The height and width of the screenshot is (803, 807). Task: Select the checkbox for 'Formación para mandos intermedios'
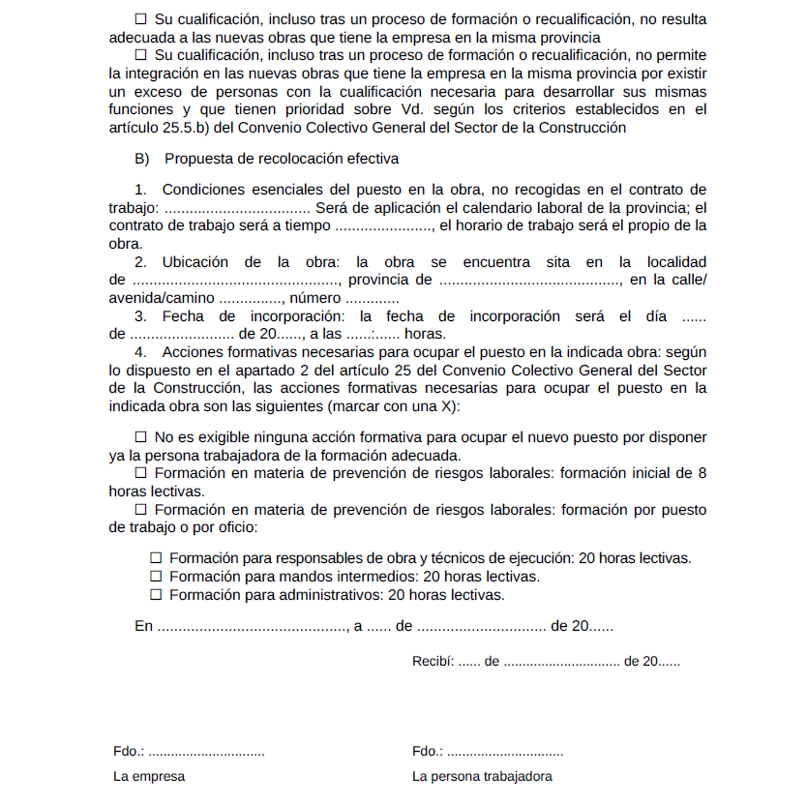pyautogui.click(x=156, y=577)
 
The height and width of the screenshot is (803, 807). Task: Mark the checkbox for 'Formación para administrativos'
pyautogui.click(x=156, y=595)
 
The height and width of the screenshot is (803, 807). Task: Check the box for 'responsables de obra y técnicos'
pyautogui.click(x=156, y=558)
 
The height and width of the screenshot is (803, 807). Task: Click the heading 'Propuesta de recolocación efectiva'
pyautogui.click(x=282, y=159)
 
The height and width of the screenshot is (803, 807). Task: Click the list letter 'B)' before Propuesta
pyautogui.click(x=142, y=159)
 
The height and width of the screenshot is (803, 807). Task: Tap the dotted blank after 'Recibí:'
pyautogui.click(x=469, y=663)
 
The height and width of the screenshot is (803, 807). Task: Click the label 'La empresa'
pyautogui.click(x=149, y=776)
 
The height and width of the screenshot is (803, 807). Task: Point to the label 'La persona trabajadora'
pyautogui.click(x=482, y=776)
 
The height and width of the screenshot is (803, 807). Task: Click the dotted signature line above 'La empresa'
pyautogui.click(x=206, y=752)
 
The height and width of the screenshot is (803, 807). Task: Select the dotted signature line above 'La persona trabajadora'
pyautogui.click(x=505, y=752)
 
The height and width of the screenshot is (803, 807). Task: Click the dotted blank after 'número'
pyautogui.click(x=373, y=298)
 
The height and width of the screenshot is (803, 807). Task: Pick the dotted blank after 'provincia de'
pyautogui.click(x=529, y=281)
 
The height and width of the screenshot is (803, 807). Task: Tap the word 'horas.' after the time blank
pyautogui.click(x=426, y=334)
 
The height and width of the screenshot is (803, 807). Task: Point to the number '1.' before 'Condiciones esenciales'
pyautogui.click(x=140, y=190)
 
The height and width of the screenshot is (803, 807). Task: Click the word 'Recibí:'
pyautogui.click(x=433, y=663)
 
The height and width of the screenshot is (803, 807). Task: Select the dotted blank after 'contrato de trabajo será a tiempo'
pyautogui.click(x=383, y=226)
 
